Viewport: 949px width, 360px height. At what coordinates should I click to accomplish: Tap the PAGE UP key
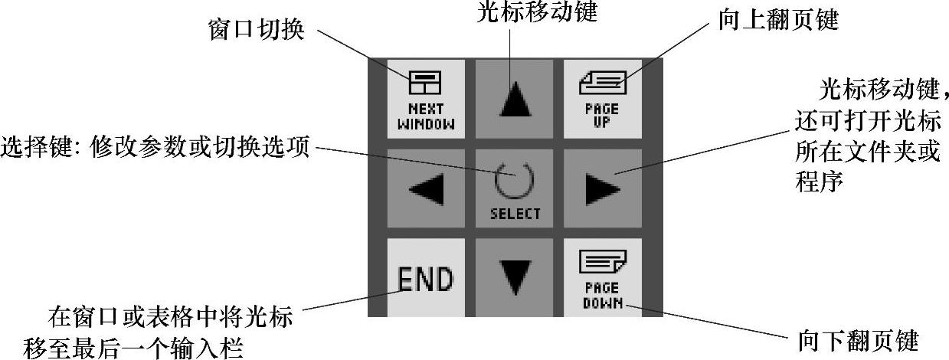[x=602, y=98]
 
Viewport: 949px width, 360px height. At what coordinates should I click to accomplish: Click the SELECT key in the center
[x=515, y=188]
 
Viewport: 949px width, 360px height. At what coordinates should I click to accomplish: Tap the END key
[x=425, y=277]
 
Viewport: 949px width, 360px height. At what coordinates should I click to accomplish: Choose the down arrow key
[x=515, y=277]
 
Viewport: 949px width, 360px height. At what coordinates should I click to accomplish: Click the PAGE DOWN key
[x=602, y=277]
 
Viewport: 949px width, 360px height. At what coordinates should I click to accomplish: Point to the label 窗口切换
[x=256, y=31]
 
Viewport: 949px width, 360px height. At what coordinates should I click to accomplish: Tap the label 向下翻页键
[x=857, y=341]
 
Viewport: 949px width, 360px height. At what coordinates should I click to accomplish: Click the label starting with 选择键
[x=156, y=146]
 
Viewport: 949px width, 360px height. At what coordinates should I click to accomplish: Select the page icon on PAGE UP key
[x=602, y=82]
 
